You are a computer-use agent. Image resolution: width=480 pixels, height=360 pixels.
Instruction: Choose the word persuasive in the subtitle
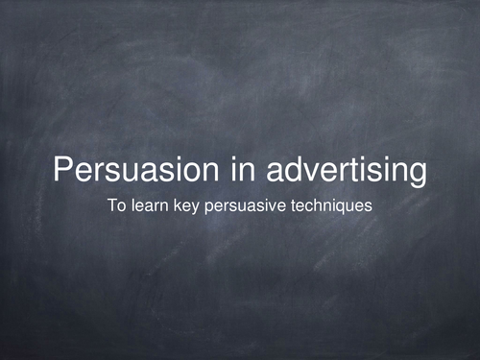242,204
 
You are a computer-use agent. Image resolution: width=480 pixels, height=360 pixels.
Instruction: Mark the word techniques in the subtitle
325,204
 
